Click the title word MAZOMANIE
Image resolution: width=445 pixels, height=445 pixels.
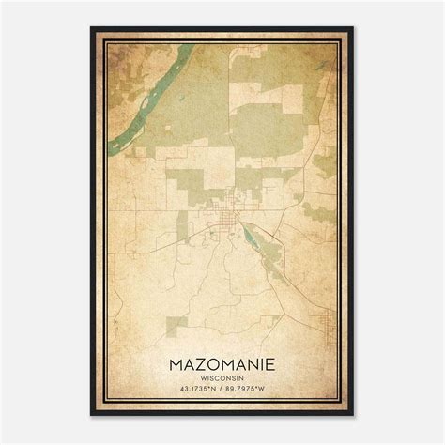(x=222, y=361)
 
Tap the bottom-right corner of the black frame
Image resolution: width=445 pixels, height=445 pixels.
(x=353, y=415)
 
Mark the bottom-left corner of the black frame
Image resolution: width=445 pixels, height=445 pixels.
(x=92, y=415)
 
